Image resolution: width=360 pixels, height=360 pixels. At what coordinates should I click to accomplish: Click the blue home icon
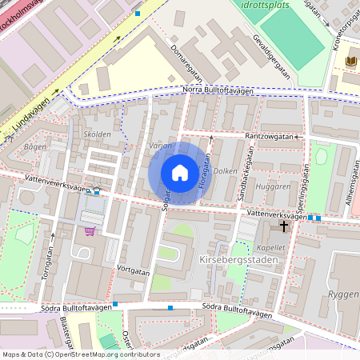(180, 173)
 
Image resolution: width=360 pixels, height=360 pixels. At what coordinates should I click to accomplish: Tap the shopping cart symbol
(90, 231)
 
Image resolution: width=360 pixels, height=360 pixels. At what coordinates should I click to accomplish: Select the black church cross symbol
(284, 228)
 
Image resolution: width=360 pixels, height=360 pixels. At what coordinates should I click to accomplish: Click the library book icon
(350, 61)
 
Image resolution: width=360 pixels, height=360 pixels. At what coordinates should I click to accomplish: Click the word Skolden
(97, 134)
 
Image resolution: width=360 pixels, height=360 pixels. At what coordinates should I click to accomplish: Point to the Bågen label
(35, 147)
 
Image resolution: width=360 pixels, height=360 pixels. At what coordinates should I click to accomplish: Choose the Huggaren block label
(274, 186)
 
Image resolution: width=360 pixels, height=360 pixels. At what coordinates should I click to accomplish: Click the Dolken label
(226, 170)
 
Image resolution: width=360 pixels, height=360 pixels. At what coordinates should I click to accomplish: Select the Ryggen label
(342, 295)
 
